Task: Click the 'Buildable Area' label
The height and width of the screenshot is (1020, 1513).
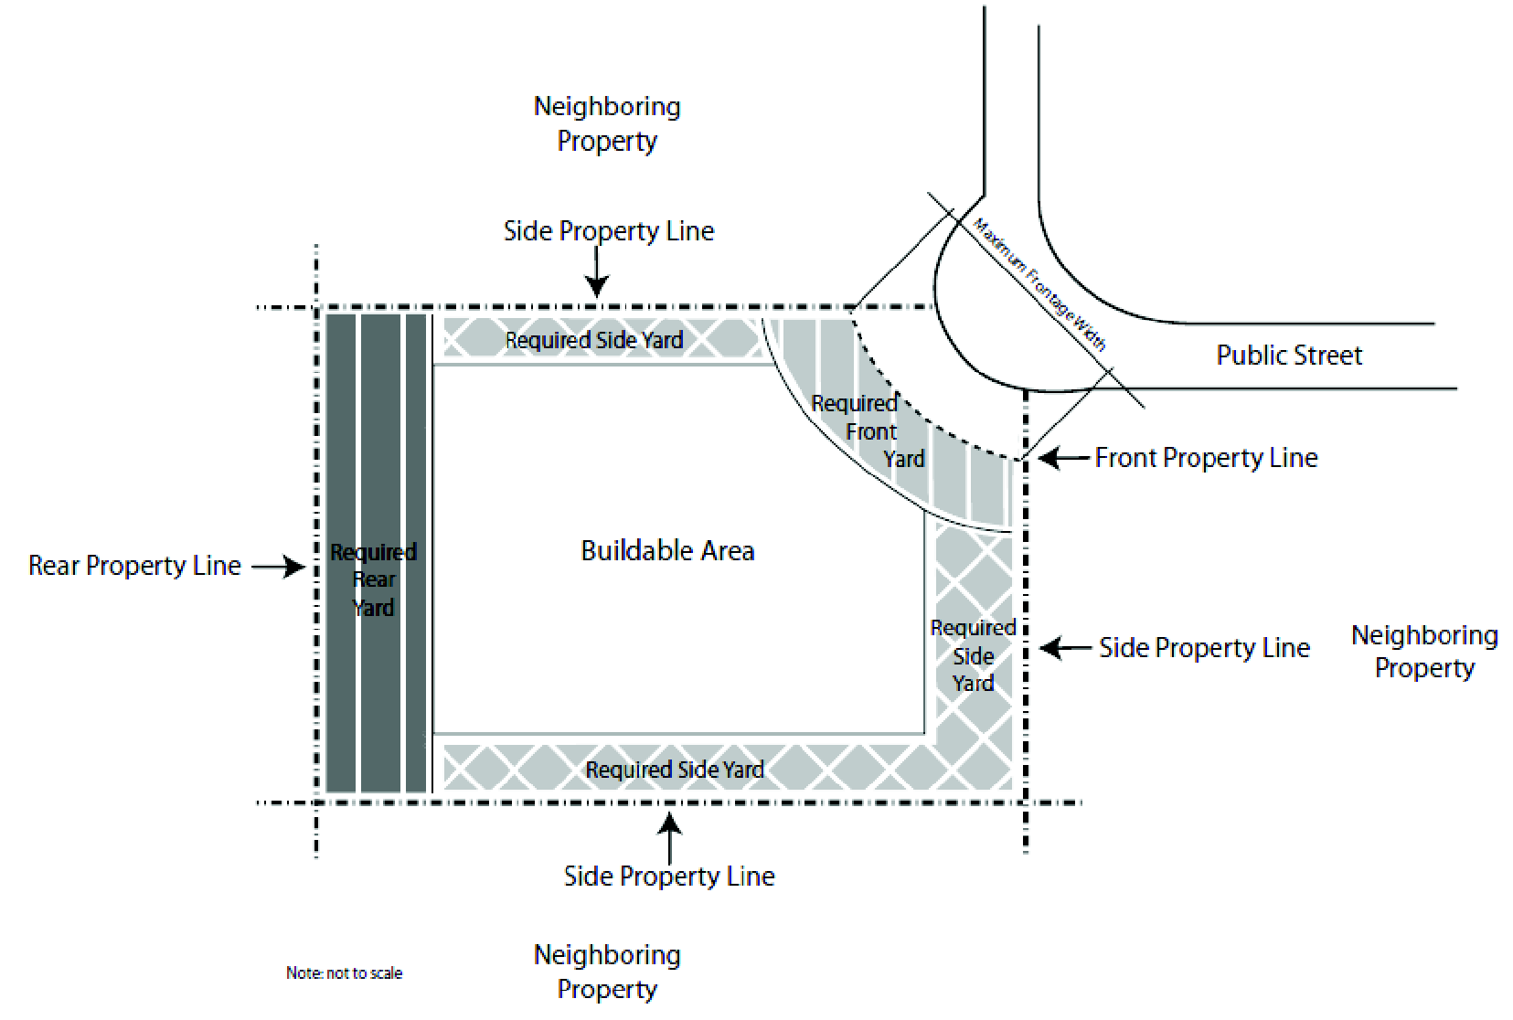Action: coord(667,550)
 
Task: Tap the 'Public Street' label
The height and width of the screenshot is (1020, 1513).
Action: coord(1288,355)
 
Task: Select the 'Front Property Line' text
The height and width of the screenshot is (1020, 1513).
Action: coord(1206,457)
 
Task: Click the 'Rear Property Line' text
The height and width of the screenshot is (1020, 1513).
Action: coord(134,566)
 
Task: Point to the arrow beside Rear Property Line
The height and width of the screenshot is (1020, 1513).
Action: coord(279,567)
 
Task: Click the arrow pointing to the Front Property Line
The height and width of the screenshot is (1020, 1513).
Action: coord(1063,457)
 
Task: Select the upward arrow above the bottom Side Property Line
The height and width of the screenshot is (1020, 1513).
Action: coord(670,836)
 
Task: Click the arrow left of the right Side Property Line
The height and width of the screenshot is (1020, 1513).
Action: coord(1065,648)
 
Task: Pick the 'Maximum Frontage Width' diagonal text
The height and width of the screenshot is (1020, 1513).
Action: coord(1039,284)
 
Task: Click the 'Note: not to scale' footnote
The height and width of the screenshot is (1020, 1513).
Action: coord(344,973)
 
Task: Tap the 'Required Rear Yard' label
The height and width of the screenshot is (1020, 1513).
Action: coord(374,579)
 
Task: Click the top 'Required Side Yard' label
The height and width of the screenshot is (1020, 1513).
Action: coord(594,340)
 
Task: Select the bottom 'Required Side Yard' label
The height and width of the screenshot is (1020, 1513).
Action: coord(675,770)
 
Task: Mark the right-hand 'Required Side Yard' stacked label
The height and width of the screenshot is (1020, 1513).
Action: coord(973,655)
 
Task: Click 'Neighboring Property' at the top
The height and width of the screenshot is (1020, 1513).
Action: coord(607,123)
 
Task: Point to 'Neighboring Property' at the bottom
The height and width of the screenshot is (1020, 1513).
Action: coord(607,972)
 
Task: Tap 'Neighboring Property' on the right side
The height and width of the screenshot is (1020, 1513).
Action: coord(1424,651)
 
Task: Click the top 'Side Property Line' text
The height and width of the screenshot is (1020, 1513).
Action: coord(609,231)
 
